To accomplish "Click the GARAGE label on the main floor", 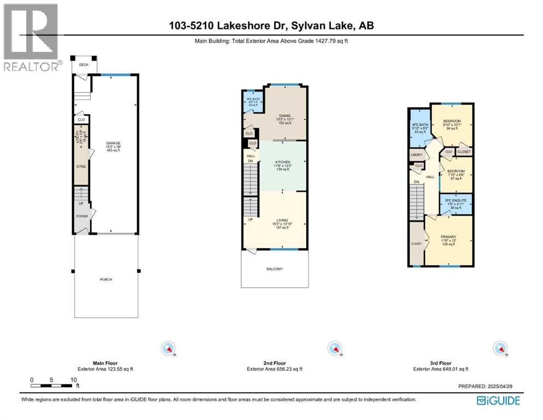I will (x=113, y=143).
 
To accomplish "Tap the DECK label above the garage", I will (x=83, y=65).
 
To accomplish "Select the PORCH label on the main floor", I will (x=106, y=279).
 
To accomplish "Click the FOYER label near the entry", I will (x=81, y=216).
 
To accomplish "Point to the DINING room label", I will (x=284, y=115).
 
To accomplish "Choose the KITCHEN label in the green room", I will (x=282, y=162).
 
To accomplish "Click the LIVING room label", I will (x=282, y=220).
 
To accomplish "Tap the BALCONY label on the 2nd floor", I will (x=276, y=269).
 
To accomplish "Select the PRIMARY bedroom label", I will (x=448, y=237).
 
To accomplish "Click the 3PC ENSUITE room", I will (x=456, y=203).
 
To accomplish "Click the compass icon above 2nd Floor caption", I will (x=334, y=348).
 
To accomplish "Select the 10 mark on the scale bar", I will (x=73, y=380).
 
